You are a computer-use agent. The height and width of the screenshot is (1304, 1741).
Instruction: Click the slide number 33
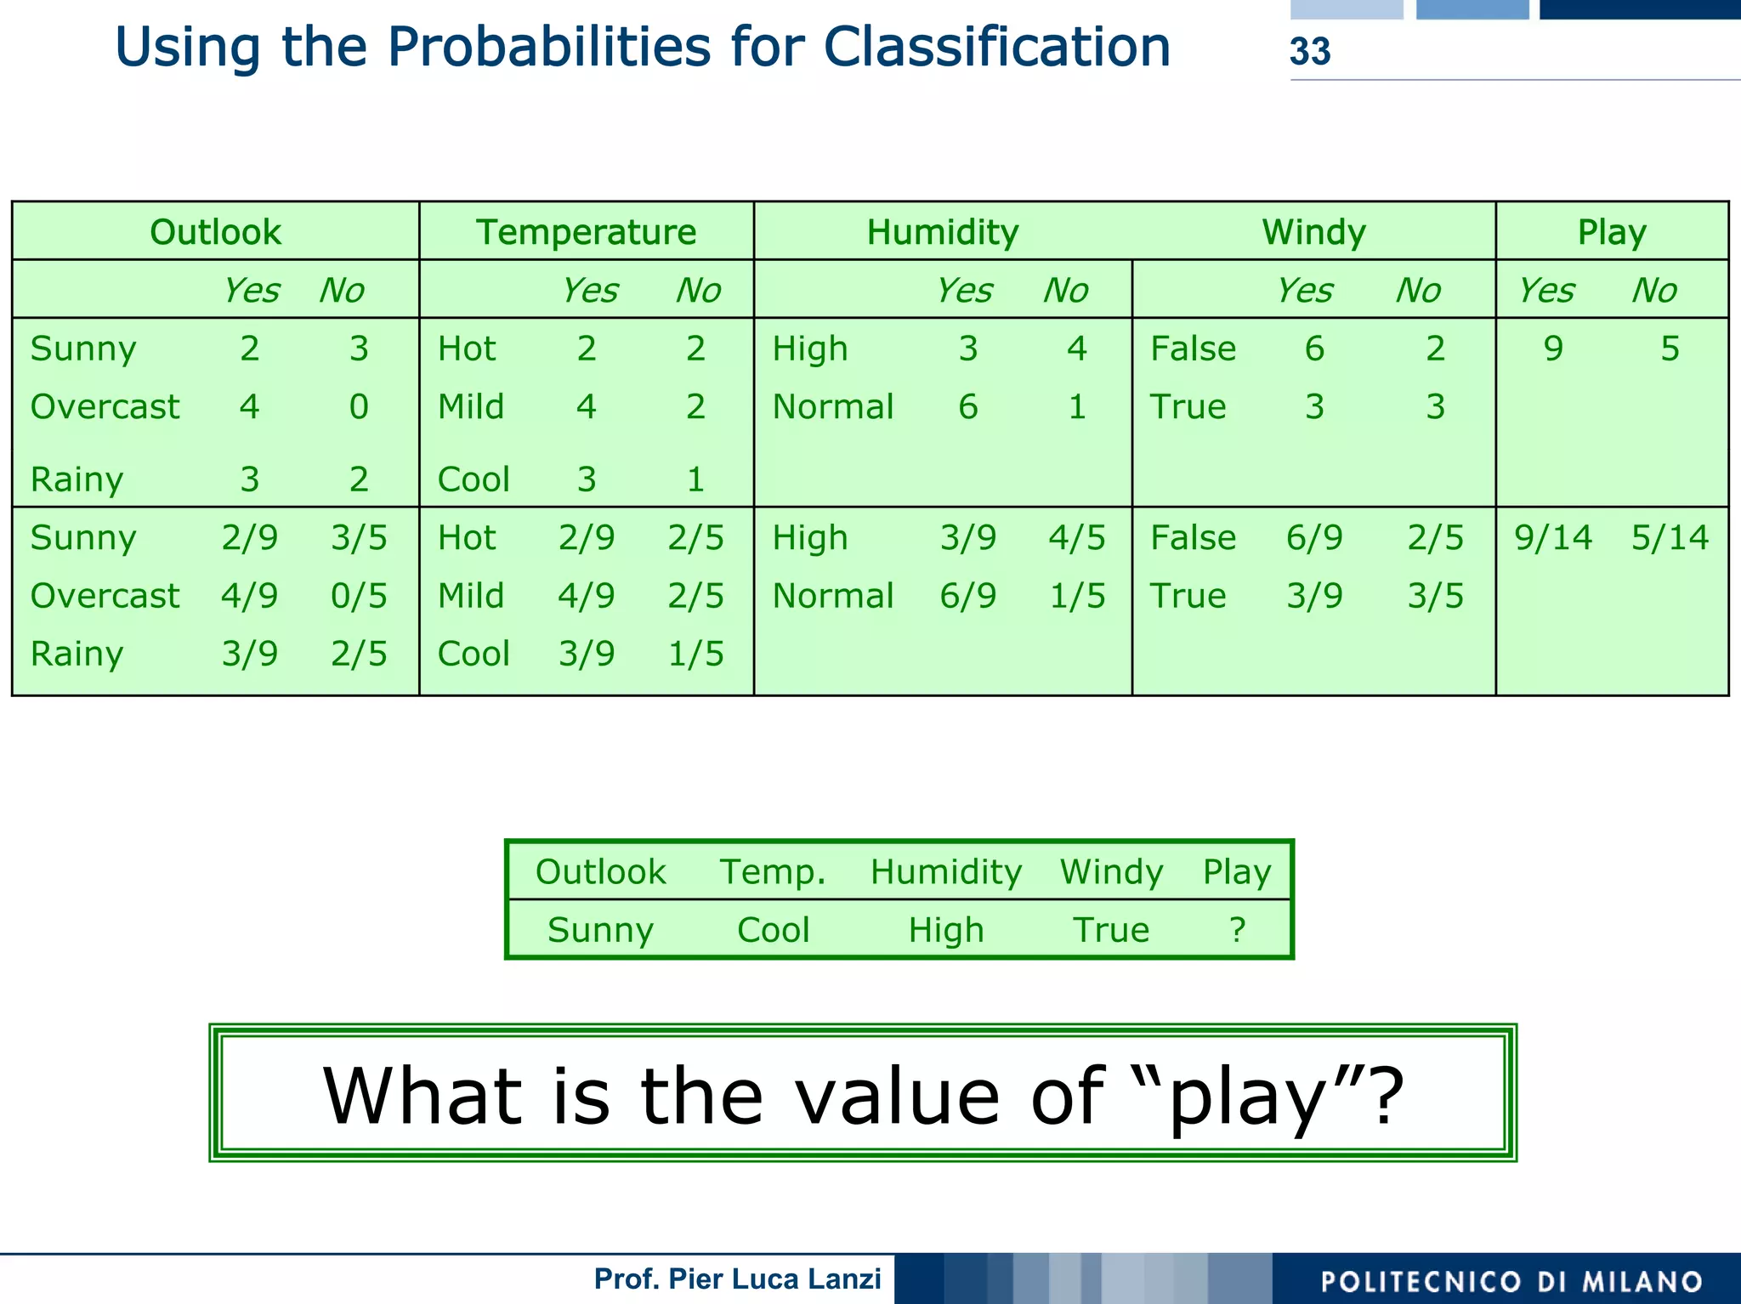(1309, 52)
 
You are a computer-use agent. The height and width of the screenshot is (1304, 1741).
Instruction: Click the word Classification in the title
(996, 47)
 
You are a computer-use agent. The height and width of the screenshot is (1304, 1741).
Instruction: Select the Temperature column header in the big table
(586, 232)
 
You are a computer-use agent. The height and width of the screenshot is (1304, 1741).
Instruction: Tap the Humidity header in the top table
(942, 232)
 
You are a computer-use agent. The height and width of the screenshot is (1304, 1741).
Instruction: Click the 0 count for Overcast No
(359, 407)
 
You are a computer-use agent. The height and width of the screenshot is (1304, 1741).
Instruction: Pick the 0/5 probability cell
(359, 596)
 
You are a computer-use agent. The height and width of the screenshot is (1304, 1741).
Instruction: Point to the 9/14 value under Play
(1552, 538)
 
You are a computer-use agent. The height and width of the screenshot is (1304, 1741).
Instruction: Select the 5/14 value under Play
(1669, 538)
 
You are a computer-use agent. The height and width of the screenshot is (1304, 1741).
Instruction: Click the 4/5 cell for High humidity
(1076, 538)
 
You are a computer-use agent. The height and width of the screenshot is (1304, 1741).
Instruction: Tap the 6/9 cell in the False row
(1314, 538)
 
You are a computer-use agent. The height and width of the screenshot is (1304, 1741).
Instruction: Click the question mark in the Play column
(1237, 930)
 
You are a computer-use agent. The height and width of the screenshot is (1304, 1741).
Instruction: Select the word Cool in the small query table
(773, 930)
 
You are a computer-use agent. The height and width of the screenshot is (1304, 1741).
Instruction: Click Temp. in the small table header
(773, 872)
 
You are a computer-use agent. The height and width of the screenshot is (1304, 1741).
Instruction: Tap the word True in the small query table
(1110, 930)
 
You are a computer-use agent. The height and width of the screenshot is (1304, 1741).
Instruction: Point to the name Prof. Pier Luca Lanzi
(737, 1279)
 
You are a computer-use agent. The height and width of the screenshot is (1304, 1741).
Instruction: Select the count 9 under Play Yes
(1552, 349)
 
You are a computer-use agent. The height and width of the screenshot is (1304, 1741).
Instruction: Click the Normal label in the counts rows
(832, 407)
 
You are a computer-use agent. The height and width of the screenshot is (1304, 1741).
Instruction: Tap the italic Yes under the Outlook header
(250, 291)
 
